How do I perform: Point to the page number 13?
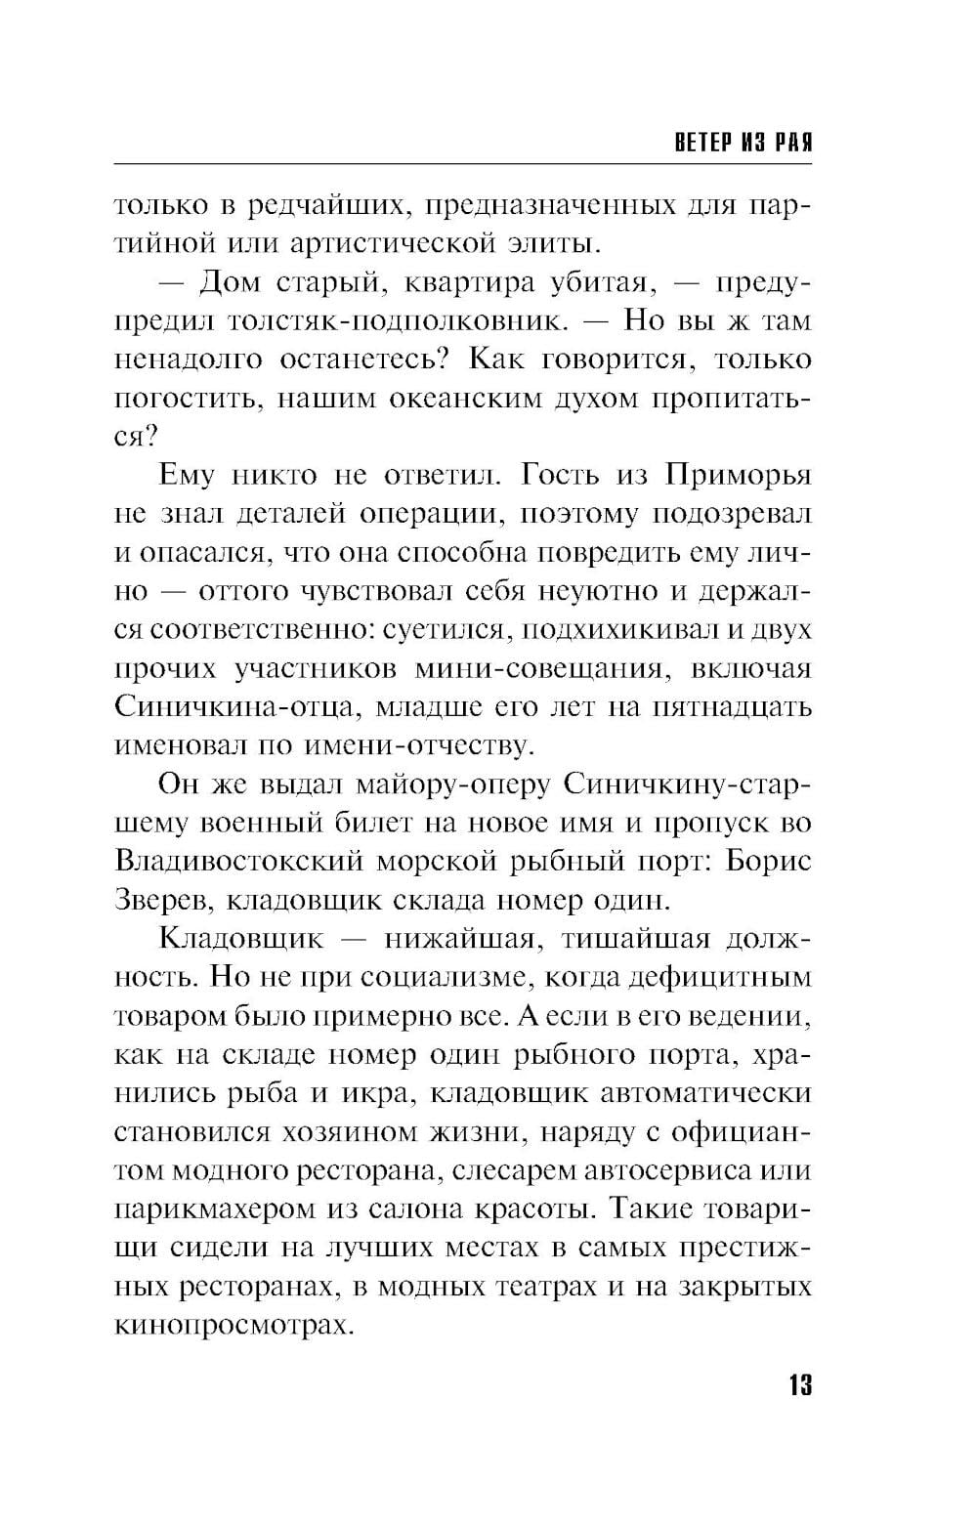[x=798, y=1384]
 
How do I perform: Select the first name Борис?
[x=769, y=862]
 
